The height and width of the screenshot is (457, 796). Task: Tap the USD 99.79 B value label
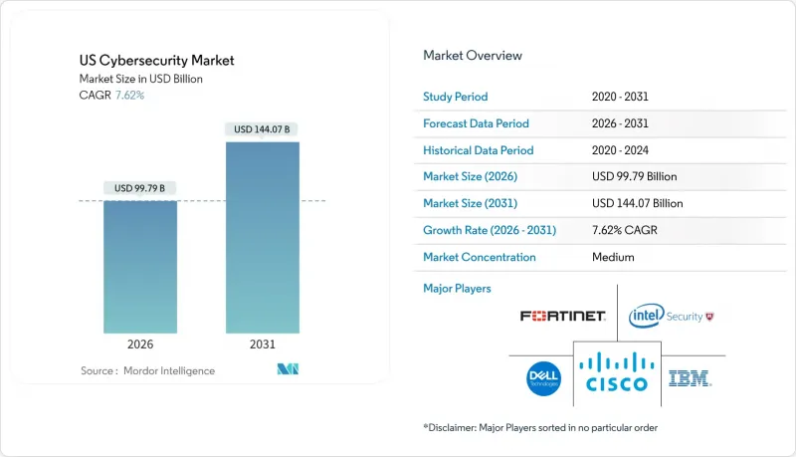[140, 188]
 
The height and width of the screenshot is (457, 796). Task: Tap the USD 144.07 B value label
[263, 129]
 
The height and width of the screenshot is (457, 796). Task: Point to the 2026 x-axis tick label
[140, 345]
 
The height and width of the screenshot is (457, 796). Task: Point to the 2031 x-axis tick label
[263, 345]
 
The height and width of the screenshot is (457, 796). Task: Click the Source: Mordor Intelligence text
[147, 371]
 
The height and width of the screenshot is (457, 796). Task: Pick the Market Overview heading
[473, 56]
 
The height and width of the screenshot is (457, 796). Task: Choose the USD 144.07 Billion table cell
[637, 203]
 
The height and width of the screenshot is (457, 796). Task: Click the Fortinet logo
[562, 317]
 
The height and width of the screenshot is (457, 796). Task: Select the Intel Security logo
[672, 317]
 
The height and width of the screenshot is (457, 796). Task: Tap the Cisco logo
[617, 369]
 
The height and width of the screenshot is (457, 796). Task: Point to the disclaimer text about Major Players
[538, 427]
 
